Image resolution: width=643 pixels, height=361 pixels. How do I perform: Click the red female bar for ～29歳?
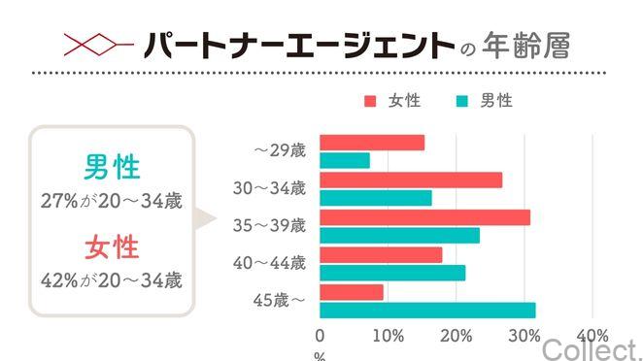coord(372,143)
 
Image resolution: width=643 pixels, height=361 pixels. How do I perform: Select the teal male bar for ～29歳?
coord(345,160)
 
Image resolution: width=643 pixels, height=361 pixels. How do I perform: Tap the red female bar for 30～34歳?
coord(411,180)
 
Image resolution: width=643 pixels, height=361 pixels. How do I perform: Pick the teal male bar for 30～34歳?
coord(376,198)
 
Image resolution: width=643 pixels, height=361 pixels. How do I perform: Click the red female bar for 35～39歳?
coord(425,217)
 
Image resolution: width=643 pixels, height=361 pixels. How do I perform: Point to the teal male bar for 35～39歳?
coord(399,235)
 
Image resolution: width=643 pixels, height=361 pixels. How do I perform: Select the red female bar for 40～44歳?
coord(381,254)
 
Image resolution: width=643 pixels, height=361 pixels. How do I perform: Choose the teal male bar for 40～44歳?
coord(392,273)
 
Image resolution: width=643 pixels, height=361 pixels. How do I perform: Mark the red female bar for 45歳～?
coord(352,292)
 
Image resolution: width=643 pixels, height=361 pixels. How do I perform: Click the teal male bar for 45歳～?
coord(427,311)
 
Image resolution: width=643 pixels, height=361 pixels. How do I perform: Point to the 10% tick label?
coord(388,336)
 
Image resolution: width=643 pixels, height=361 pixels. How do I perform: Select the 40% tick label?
coord(592,336)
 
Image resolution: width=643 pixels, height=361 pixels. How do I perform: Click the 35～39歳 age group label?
coord(270,225)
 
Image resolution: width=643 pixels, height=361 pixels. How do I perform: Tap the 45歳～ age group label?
coord(279,300)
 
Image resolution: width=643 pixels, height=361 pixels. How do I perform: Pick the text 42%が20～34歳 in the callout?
coord(112,280)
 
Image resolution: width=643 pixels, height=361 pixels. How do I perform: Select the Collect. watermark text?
coord(592,347)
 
